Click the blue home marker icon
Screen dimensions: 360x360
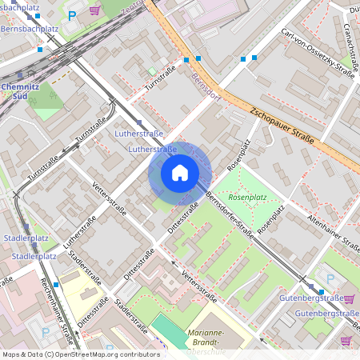tap(180, 172)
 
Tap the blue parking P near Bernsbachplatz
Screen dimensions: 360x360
tap(73, 15)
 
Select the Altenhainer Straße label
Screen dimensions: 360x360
tap(331, 233)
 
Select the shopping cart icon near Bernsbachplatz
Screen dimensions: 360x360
tap(95, 10)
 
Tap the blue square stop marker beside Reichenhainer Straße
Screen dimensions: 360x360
tap(56, 284)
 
